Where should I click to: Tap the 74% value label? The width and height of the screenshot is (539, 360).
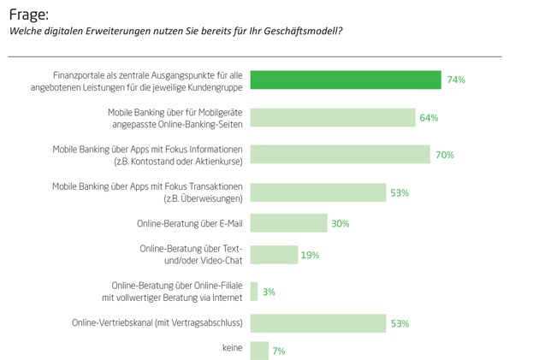pyautogui.click(x=455, y=80)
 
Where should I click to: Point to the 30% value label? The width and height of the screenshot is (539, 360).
pyautogui.click(x=341, y=224)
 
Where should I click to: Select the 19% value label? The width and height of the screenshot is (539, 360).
pyautogui.click(x=311, y=255)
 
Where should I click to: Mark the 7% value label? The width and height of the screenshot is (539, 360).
pyautogui.click(x=278, y=351)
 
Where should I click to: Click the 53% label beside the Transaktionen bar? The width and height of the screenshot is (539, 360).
pyautogui.click(x=400, y=193)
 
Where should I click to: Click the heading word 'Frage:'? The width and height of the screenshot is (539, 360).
pyautogui.click(x=27, y=14)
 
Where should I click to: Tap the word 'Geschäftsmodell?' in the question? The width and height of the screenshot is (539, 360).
pyautogui.click(x=296, y=32)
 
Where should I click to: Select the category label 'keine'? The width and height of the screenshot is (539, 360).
pyautogui.click(x=232, y=349)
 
